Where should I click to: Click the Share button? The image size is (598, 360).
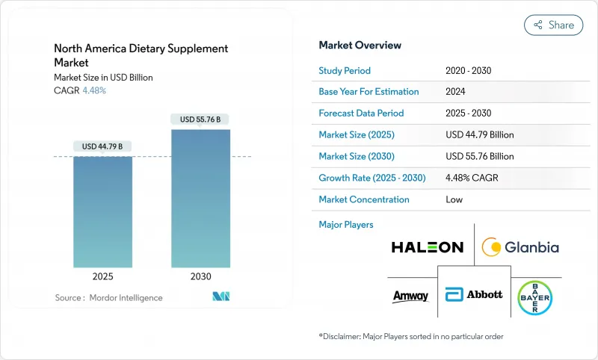pos(553,25)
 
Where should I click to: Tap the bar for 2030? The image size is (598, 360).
pos(200,199)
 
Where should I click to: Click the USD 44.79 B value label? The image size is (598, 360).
pos(102,146)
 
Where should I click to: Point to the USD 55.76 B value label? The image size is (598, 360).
pos(200,119)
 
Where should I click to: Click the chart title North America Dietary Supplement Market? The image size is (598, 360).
pos(141,55)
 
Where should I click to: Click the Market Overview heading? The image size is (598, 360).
pos(360,45)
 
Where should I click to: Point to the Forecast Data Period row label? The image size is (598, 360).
pos(361,114)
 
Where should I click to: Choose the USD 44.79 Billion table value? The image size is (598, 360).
pos(479,135)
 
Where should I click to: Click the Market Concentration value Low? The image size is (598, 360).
pos(454,199)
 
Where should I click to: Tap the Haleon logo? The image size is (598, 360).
pos(427,246)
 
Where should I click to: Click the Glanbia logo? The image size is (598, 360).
pos(520,246)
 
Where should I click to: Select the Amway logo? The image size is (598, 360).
pos(410,296)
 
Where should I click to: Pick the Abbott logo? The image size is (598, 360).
pos(474,294)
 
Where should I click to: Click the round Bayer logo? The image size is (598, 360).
pos(535,294)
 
